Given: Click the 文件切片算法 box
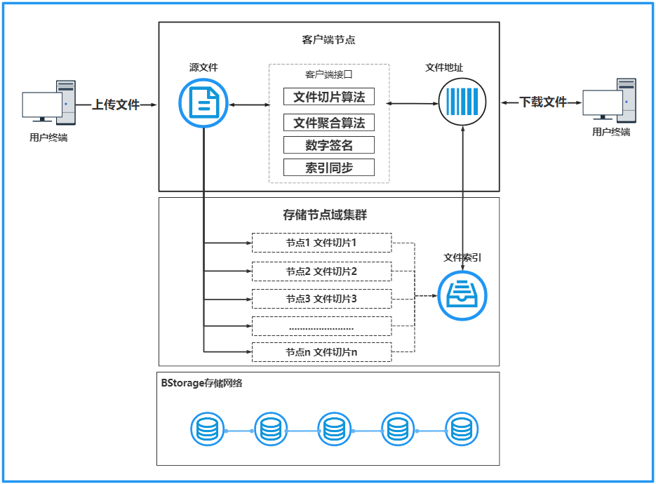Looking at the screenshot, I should pos(328,96).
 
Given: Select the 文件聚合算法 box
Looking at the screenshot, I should pos(328,123).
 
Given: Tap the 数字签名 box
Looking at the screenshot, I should pos(328,145).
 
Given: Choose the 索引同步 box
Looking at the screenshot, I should pos(328,168).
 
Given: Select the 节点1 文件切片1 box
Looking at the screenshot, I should pos(321,243).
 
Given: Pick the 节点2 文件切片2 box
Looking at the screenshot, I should pos(321,271).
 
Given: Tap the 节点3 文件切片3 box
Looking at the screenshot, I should pos(321,299).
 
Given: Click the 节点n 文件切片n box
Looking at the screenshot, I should pos(321,352).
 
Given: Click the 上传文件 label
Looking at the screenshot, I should pos(116,105).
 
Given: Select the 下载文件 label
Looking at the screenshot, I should pos(542,102).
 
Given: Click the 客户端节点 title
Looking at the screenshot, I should pos(328,40).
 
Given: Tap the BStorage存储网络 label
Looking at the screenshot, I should pos(201,383).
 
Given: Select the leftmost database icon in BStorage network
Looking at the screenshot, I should pos(208,430).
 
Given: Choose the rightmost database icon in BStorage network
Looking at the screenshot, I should pos(461,430).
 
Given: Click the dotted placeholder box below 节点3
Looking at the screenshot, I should pos(321,326).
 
